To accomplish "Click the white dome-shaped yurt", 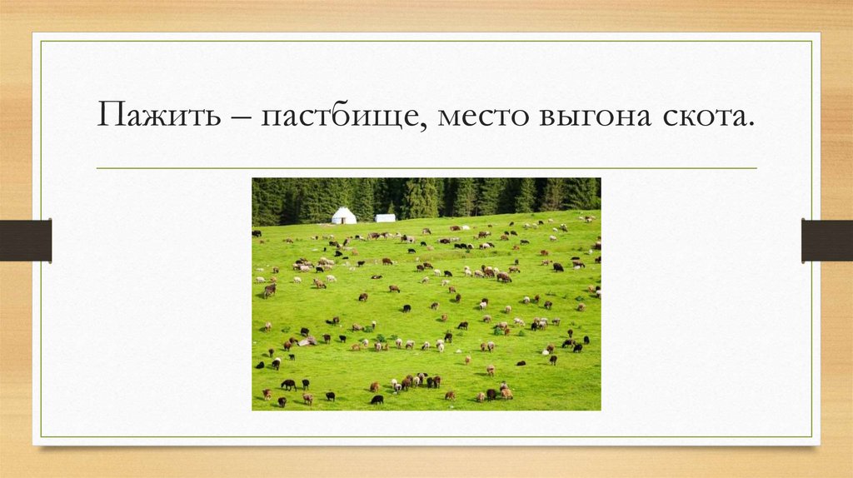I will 344,216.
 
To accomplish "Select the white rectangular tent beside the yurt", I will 385,218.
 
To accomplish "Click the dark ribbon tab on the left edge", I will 25,240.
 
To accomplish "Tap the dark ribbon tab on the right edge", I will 827,240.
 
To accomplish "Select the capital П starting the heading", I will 109,113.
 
